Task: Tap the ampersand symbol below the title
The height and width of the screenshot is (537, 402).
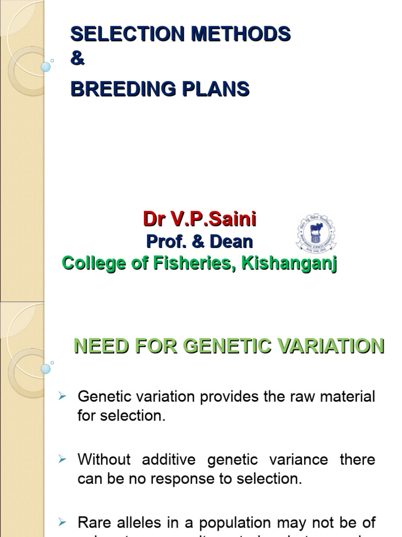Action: pos(77,59)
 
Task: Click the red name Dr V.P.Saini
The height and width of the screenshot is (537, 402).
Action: pos(199,219)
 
